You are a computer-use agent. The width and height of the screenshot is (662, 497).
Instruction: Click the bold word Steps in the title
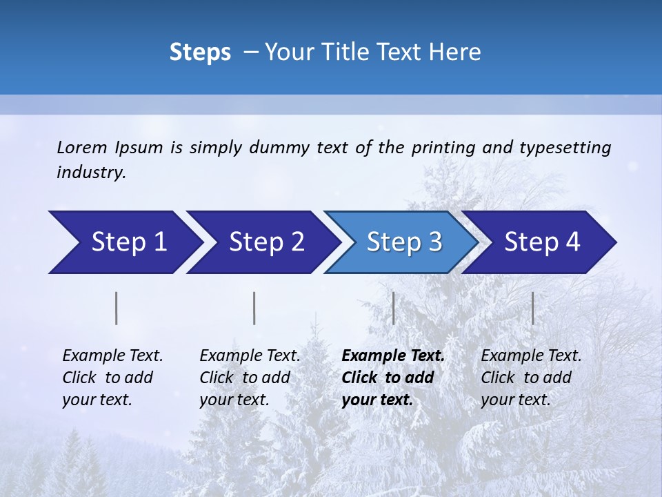click(x=200, y=52)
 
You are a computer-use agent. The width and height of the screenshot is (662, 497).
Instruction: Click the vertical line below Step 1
click(x=117, y=308)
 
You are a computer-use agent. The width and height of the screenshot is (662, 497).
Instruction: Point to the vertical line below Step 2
click(x=254, y=308)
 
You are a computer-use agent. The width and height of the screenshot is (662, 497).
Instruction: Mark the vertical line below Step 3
click(x=393, y=308)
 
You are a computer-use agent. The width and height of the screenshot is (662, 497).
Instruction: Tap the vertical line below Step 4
click(x=532, y=308)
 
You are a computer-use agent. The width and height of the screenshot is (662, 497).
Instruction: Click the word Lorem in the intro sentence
click(x=82, y=147)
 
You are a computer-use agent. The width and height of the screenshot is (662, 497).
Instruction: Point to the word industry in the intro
click(x=90, y=173)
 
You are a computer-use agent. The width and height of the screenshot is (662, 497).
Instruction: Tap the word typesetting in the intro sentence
click(x=565, y=148)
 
